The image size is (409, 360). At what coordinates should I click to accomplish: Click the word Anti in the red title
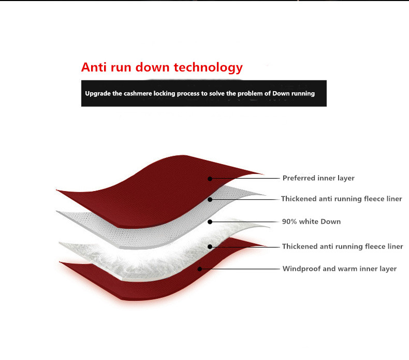[94, 67]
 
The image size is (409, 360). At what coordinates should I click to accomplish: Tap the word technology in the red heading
[208, 68]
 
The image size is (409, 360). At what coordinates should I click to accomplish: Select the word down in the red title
[152, 67]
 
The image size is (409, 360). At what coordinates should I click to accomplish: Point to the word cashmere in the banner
[138, 93]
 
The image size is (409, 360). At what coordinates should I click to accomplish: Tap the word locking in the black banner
[164, 94]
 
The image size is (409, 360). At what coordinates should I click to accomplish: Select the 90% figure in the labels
[289, 221]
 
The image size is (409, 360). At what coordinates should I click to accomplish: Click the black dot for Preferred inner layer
[210, 179]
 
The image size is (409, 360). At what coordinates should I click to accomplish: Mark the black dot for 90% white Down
[210, 222]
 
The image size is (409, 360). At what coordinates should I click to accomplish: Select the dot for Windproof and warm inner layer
[199, 269]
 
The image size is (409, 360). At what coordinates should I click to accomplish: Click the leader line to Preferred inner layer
[245, 179]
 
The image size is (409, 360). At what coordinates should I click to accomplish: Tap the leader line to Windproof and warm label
[240, 269]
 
